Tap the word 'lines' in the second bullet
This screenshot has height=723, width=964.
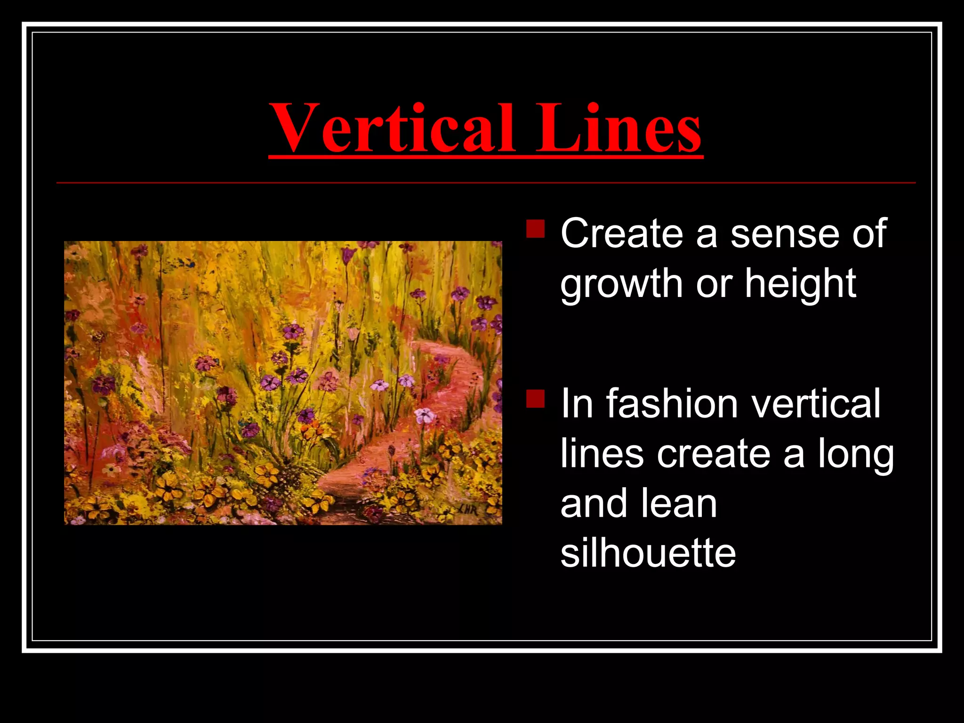click(602, 454)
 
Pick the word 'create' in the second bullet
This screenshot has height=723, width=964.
click(714, 454)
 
